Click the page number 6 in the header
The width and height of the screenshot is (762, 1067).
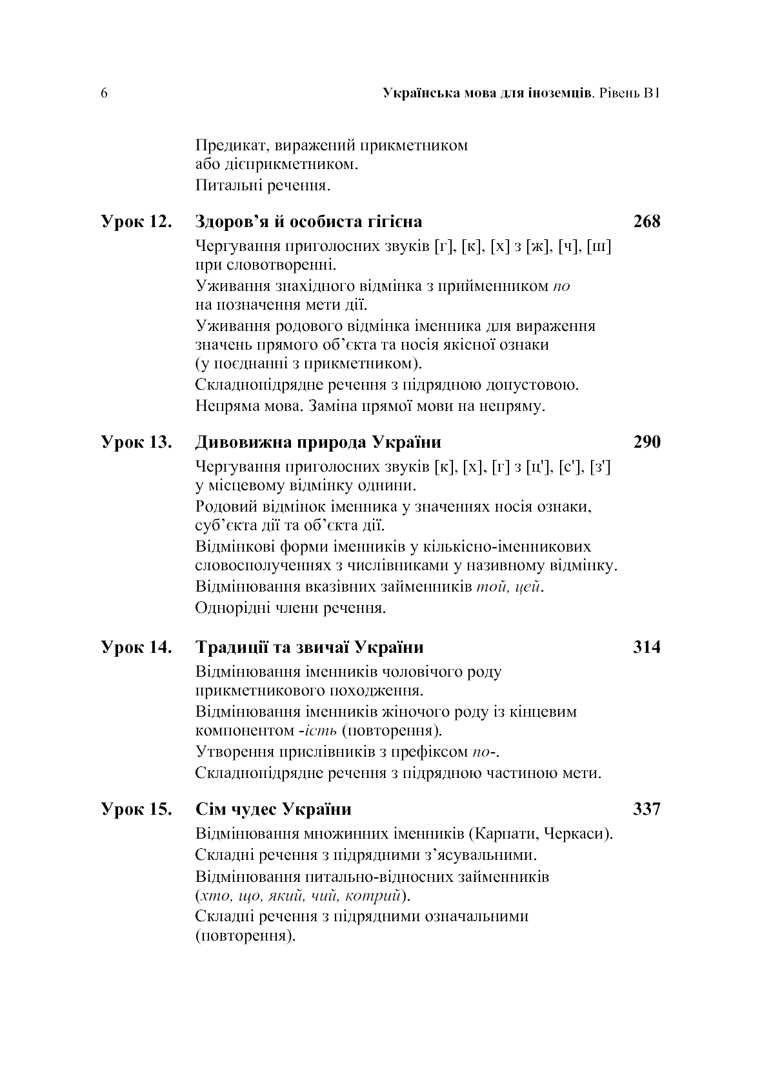coord(104,94)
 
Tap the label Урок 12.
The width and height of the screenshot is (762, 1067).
coord(137,222)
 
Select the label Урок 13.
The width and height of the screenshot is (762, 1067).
coord(137,443)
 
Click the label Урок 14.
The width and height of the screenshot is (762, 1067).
coord(137,647)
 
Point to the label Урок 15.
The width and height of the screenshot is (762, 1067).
coord(137,809)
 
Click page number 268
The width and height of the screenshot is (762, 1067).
coord(647,222)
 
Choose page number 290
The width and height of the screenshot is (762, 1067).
coord(647,443)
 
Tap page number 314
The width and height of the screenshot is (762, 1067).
coord(647,647)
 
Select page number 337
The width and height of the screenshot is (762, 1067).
coord(647,809)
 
